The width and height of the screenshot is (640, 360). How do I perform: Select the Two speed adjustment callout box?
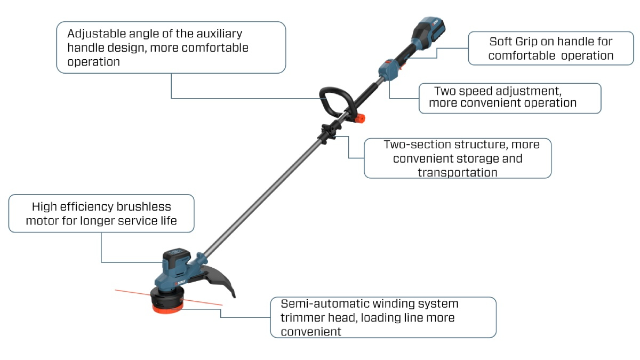(510, 98)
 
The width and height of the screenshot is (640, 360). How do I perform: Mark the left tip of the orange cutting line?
(116, 291)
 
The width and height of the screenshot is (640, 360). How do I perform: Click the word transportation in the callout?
(458, 172)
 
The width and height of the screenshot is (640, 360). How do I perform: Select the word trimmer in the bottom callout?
(300, 318)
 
